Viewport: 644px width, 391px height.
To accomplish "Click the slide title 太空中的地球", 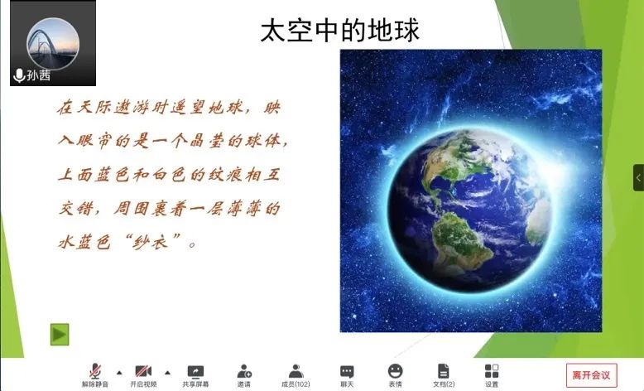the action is (340, 30).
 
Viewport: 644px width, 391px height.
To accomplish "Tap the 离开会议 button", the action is (591, 374).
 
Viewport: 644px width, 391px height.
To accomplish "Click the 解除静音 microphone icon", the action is (95, 371).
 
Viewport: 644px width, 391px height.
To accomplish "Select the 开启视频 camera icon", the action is (143, 371).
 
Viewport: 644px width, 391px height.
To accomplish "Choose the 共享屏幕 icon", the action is (195, 371).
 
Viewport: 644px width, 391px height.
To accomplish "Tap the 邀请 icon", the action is (244, 371).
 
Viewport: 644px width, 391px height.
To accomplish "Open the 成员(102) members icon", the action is (296, 371).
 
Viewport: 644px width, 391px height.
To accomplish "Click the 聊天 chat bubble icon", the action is (347, 371).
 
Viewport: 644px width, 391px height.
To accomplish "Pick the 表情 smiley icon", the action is (395, 371).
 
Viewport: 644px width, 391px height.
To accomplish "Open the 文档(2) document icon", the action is (444, 371).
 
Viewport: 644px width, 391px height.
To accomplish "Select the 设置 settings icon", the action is (492, 371).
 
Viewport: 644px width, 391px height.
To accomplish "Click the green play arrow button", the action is (60, 335).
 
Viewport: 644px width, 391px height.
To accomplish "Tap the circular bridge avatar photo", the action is (53, 43).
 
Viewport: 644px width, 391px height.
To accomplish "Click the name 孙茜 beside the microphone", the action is (39, 75).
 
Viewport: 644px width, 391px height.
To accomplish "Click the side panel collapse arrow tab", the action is (638, 177).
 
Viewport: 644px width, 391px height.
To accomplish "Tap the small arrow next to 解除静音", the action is (119, 373).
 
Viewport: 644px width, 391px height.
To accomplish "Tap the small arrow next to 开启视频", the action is (167, 373).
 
